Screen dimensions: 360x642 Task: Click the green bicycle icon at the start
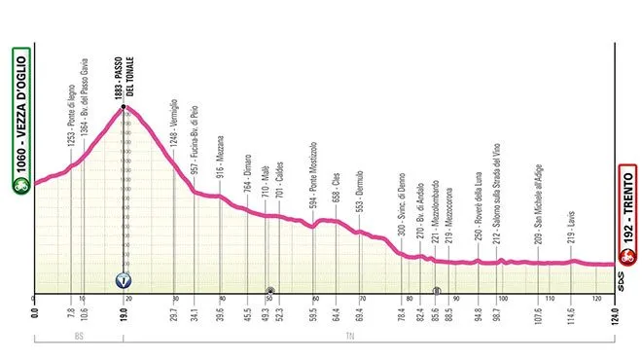tap(20, 181)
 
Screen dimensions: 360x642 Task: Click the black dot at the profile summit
tap(124, 109)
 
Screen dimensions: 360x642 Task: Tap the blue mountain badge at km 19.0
tap(124, 280)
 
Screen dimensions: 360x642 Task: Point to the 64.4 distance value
tap(336, 313)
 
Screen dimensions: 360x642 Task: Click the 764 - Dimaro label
tap(247, 171)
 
